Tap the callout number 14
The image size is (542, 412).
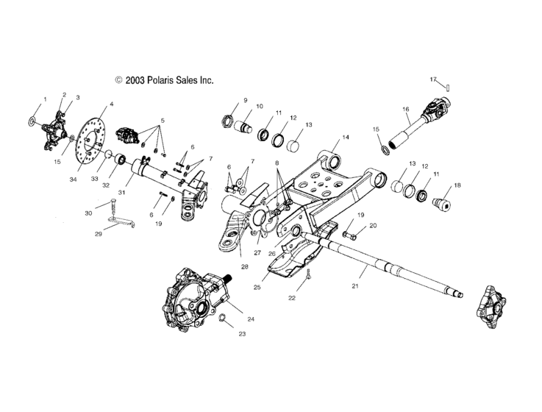345,138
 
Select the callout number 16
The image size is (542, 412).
405,109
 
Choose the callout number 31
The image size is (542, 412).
121,193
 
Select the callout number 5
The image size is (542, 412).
163,120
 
